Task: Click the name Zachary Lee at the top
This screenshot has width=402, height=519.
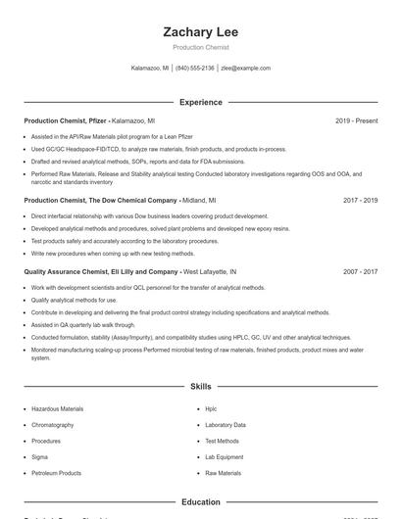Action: click(200, 32)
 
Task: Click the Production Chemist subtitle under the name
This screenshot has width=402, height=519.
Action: click(200, 47)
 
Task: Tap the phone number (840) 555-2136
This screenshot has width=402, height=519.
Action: click(195, 69)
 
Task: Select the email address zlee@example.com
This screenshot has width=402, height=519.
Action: click(245, 69)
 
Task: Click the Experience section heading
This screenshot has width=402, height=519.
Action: click(200, 102)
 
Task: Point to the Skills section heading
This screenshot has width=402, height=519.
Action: click(200, 387)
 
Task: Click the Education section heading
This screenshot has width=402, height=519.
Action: click(200, 502)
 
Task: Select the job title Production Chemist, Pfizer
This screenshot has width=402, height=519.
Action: click(65, 120)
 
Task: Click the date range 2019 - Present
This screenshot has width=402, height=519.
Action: click(356, 120)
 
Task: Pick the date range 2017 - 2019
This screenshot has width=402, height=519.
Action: click(360, 200)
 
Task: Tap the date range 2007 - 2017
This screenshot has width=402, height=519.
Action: click(360, 271)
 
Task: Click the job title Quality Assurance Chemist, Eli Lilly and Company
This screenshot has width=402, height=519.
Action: click(100, 271)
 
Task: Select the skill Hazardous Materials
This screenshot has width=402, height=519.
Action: click(57, 410)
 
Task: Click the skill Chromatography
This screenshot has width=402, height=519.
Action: click(53, 426)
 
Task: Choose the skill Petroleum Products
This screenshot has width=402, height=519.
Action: click(56, 473)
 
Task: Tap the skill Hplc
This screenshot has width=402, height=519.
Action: click(211, 410)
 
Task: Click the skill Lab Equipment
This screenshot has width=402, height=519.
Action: click(224, 457)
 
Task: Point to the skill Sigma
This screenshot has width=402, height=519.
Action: click(39, 457)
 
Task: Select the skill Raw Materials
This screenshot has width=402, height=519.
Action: click(223, 473)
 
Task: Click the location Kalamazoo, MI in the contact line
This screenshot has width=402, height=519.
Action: click(149, 69)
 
